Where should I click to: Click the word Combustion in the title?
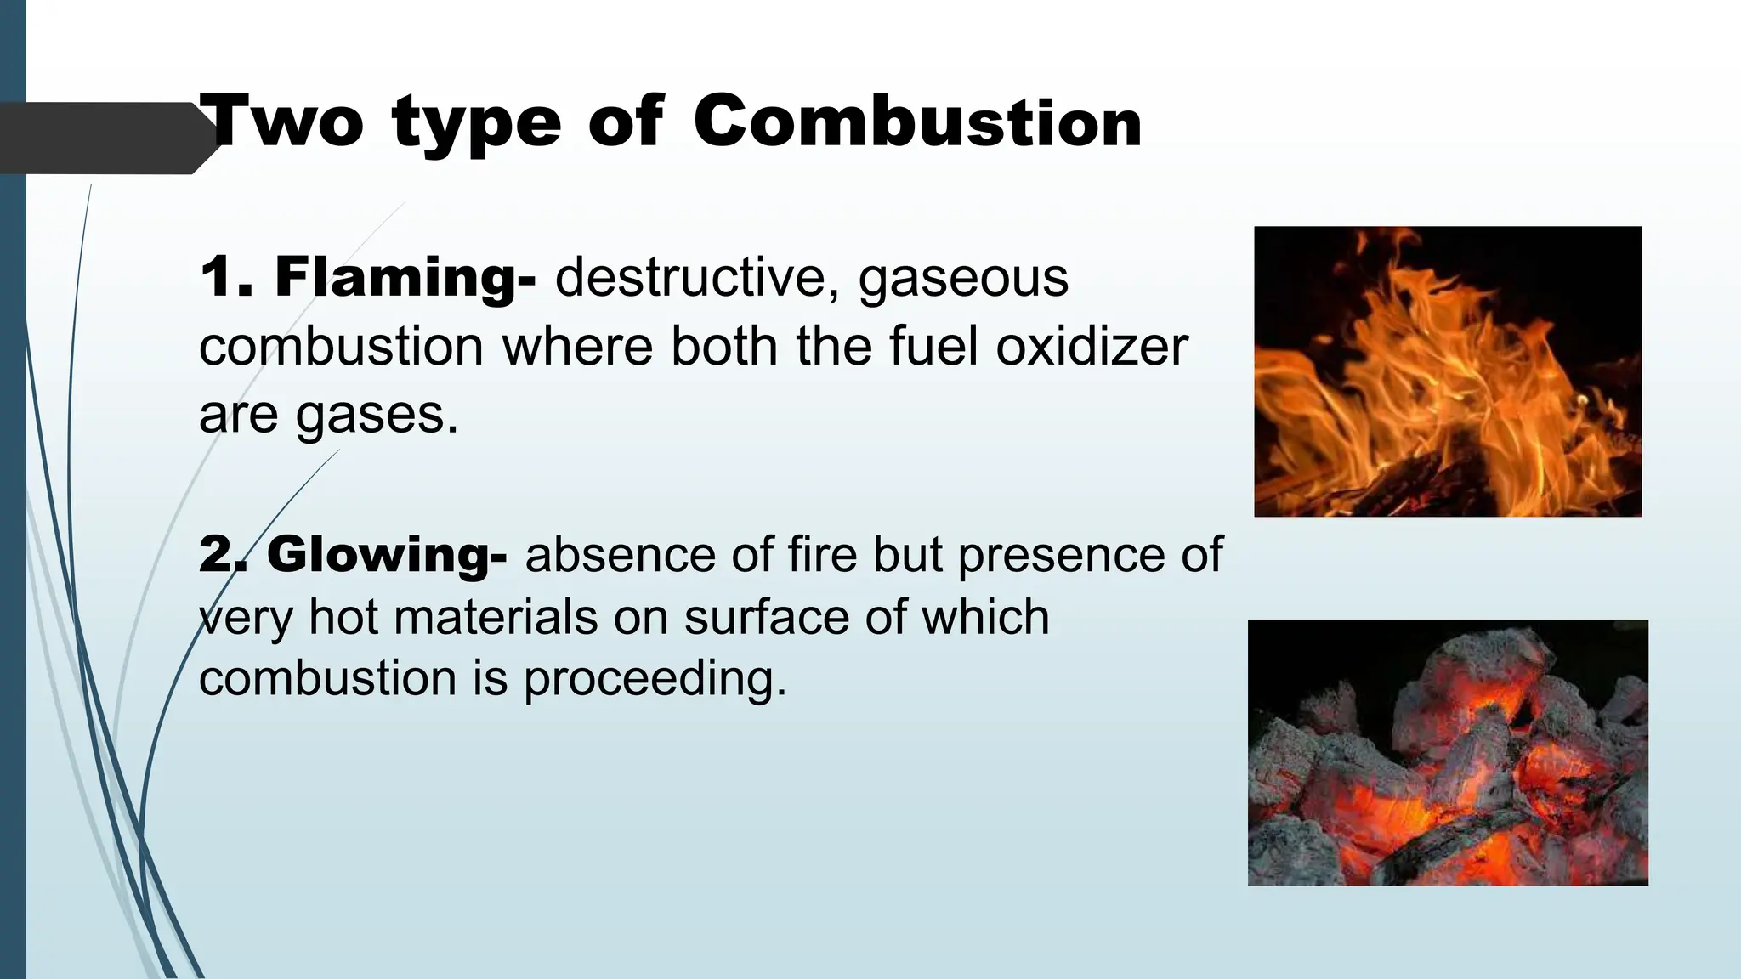(x=917, y=123)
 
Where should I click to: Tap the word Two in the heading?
(x=286, y=123)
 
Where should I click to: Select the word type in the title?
(x=477, y=126)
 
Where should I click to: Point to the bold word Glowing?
(x=387, y=555)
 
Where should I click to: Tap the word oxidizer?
(x=1092, y=347)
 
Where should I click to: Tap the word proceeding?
(x=655, y=680)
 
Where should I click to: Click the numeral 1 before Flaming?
(x=218, y=278)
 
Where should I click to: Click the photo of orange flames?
(x=1447, y=371)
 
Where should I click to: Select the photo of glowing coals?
(x=1447, y=752)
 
